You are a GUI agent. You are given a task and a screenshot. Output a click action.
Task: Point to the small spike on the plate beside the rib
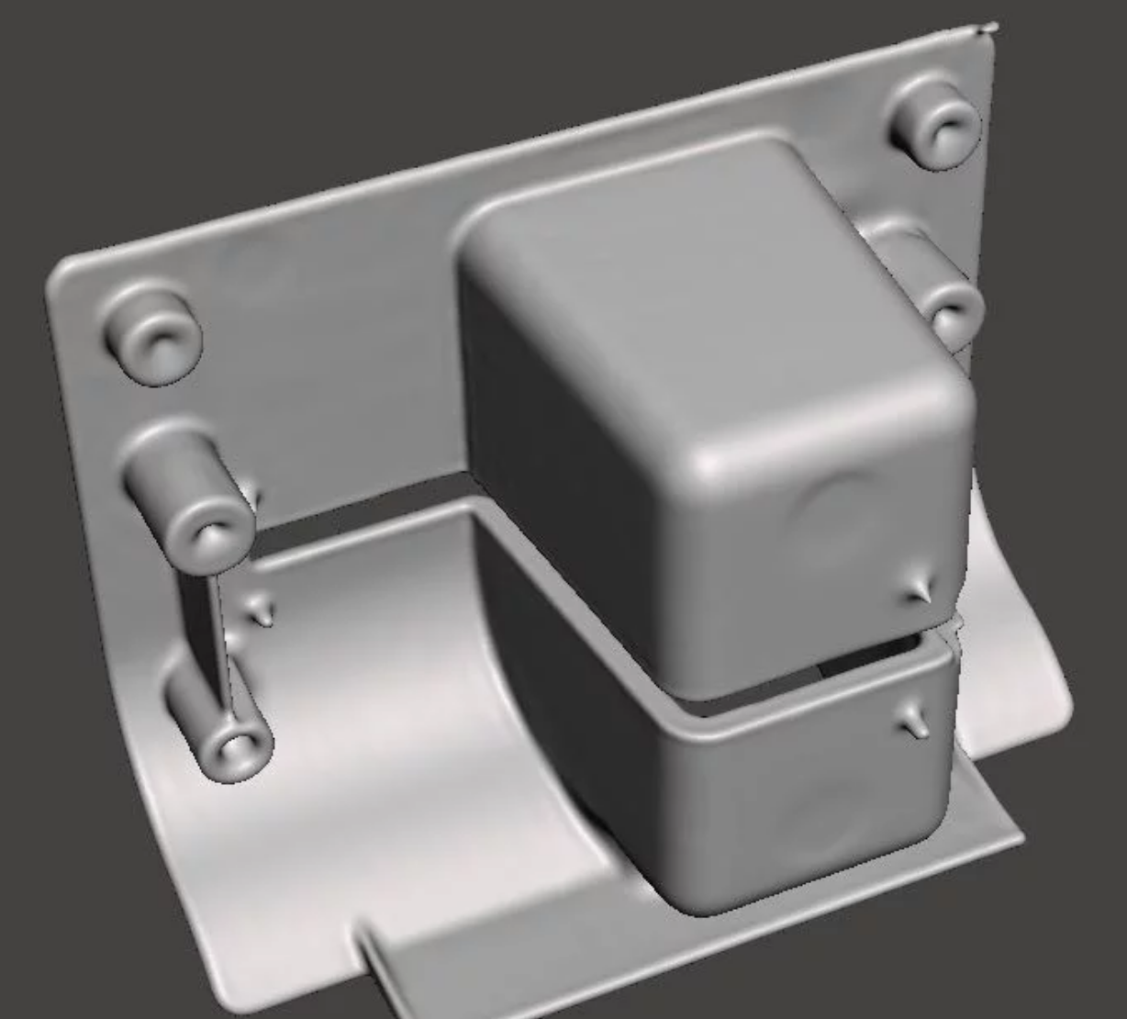263,611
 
